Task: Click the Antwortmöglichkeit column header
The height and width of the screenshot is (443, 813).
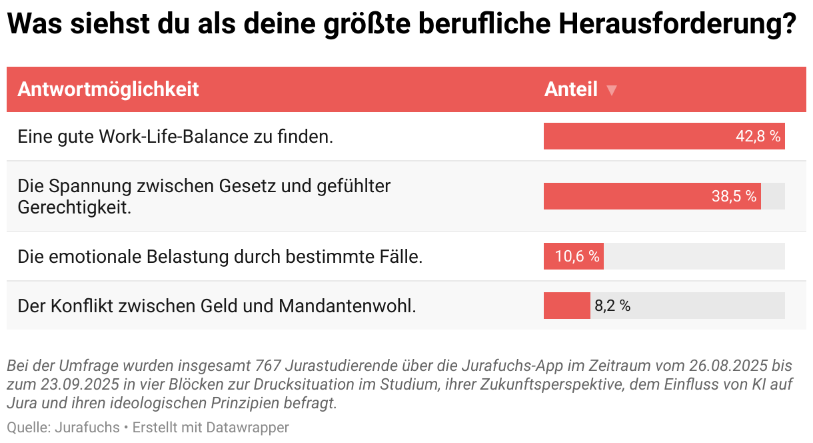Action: pyautogui.click(x=108, y=89)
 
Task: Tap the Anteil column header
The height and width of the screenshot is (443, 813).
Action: pyautogui.click(x=570, y=89)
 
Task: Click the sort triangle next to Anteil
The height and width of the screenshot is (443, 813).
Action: pyautogui.click(x=612, y=90)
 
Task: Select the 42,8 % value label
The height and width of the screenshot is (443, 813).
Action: pyautogui.click(x=758, y=136)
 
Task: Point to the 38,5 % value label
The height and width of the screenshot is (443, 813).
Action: pyautogui.click(x=734, y=196)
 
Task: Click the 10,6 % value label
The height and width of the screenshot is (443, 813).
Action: pyautogui.click(x=577, y=256)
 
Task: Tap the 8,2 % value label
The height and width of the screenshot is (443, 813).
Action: pyautogui.click(x=612, y=306)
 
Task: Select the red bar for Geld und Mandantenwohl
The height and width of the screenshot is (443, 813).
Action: pyautogui.click(x=566, y=306)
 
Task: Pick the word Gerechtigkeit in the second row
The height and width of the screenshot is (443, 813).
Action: pyautogui.click(x=74, y=207)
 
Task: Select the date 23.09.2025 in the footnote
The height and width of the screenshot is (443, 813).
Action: pyautogui.click(x=74, y=384)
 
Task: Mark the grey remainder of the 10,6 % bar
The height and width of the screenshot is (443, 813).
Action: pyautogui.click(x=694, y=256)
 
